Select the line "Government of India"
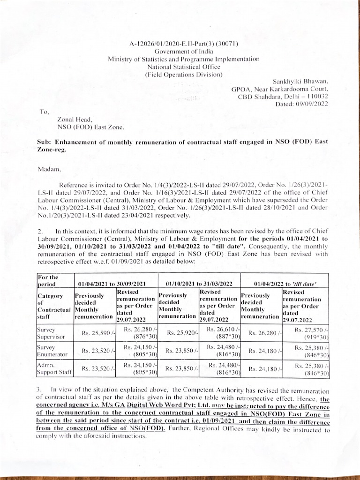(x=184, y=52)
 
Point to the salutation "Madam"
(x=47, y=167)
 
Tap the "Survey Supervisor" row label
(x=52, y=333)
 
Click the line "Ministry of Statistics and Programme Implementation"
(x=183, y=59)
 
